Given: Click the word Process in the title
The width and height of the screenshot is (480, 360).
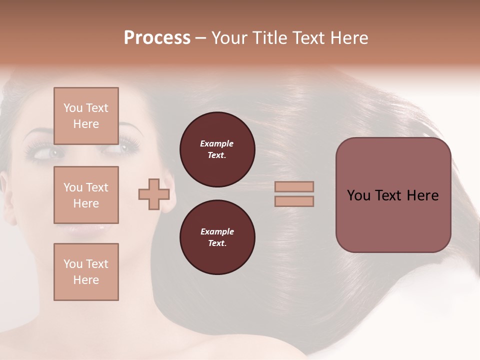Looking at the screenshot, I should click(157, 38).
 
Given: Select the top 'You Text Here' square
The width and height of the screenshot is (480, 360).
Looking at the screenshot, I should click(86, 116).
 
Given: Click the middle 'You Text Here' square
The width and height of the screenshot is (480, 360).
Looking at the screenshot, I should click(86, 195).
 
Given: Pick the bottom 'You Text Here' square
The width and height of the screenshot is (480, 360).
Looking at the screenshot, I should click(86, 272).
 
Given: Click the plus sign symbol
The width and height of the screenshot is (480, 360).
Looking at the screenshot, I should click(153, 194).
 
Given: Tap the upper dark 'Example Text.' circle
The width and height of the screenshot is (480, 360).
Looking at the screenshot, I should click(217, 149).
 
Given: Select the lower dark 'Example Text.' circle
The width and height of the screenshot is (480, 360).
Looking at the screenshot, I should click(217, 237).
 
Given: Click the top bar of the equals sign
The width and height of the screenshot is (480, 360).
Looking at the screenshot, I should click(294, 186).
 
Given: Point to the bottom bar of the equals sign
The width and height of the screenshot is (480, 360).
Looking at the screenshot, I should click(294, 201).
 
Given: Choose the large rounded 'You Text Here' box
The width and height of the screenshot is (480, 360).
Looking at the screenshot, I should click(393, 195).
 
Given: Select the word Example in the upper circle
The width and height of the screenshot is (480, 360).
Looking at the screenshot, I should click(217, 144).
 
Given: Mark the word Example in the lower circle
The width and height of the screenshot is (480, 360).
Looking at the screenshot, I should click(217, 232).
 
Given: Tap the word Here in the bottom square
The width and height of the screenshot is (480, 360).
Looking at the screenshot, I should click(86, 280).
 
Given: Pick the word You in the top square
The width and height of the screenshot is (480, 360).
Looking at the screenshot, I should click(73, 108).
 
